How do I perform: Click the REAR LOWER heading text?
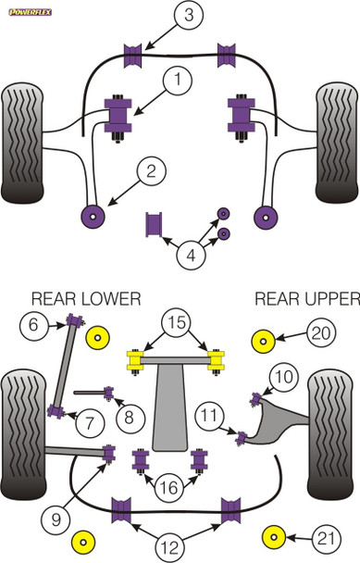point(86,298)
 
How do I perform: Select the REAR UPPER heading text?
point(306,298)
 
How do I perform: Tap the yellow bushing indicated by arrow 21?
point(274,535)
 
